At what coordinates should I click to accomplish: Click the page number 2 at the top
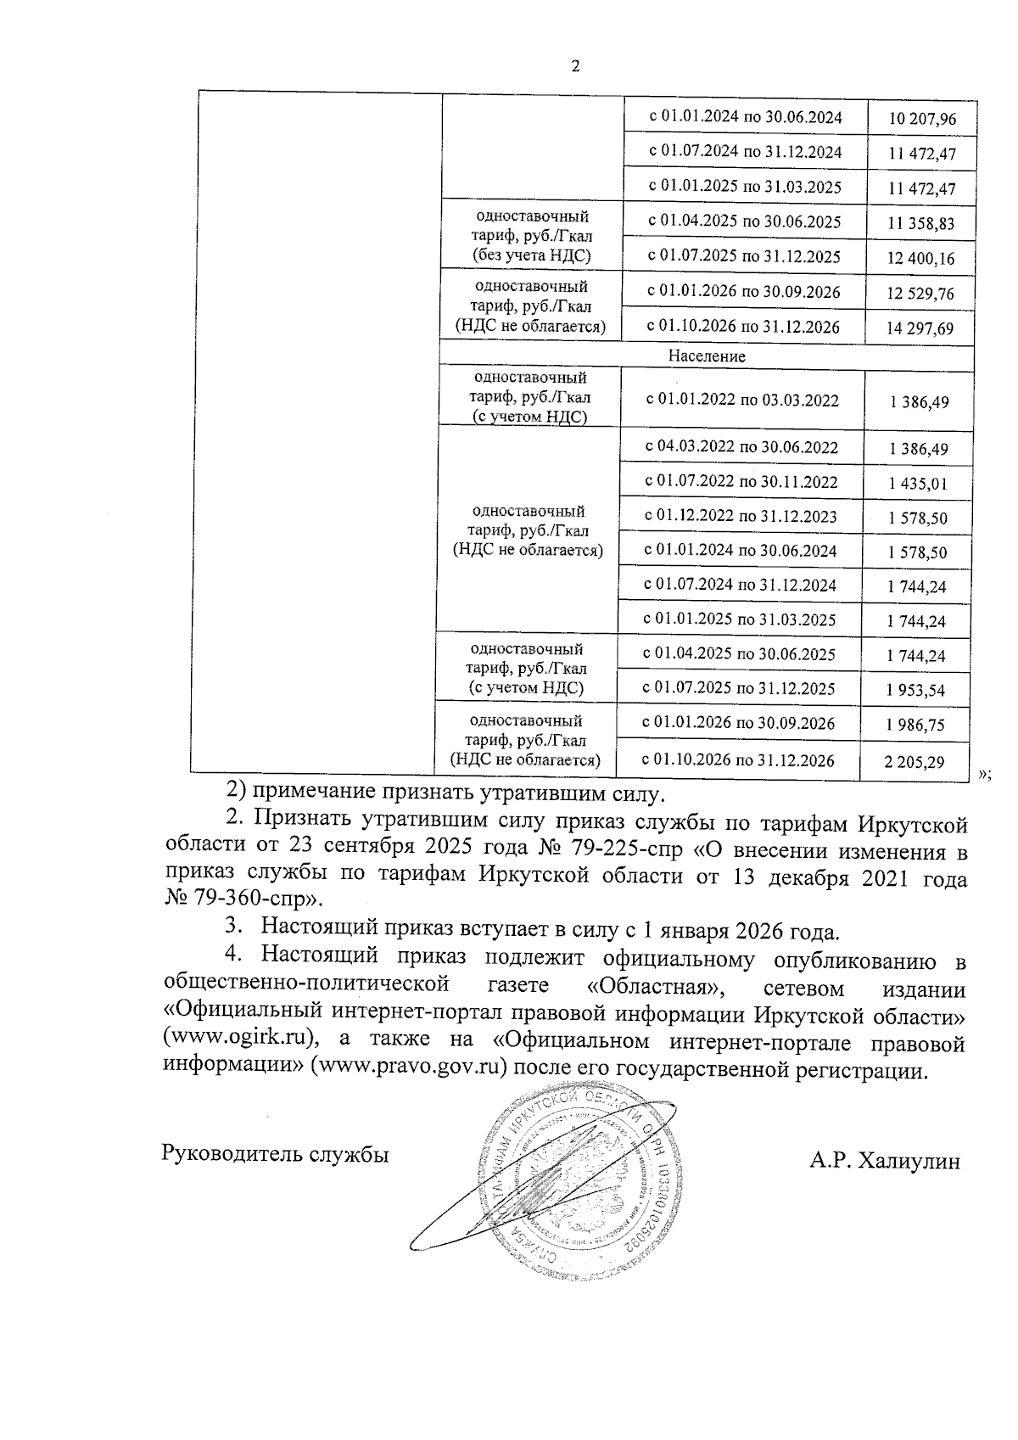coord(576,68)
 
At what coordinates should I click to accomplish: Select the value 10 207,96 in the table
coord(921,120)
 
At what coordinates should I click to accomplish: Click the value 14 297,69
coord(920,329)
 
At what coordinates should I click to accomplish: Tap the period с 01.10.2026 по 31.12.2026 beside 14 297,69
coord(743,328)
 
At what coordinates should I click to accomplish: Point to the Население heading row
coord(706,356)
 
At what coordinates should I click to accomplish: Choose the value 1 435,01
coord(918,485)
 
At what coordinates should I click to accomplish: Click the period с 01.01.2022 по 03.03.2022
coord(741,401)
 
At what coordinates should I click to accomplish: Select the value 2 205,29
coord(914,762)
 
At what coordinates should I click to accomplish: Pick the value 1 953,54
coord(915,691)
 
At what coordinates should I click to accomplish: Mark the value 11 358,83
coord(920,224)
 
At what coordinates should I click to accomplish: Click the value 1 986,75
coord(915,726)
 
